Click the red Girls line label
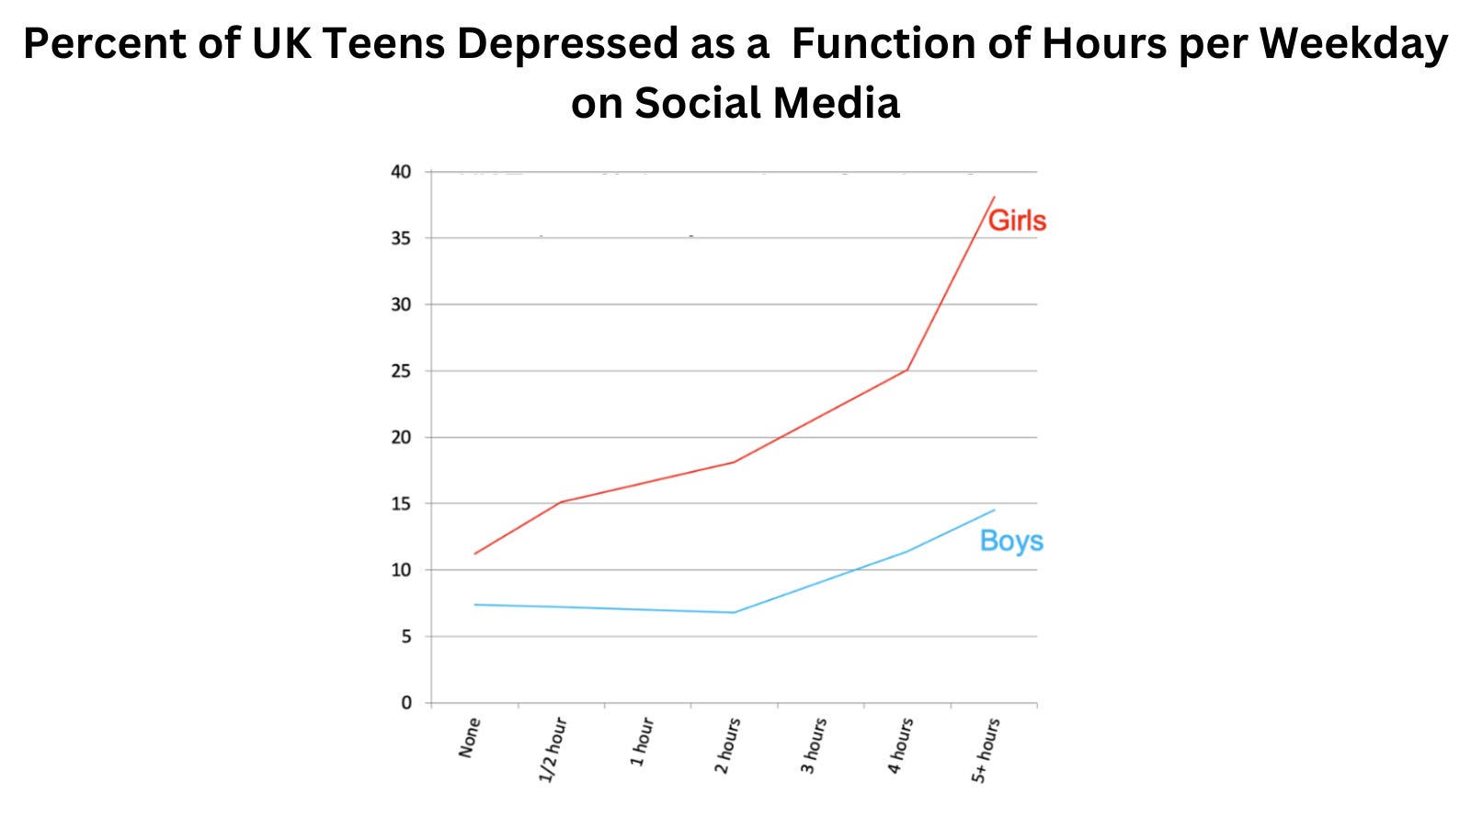point(1017,221)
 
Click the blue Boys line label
point(1011,541)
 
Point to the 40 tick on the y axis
point(401,172)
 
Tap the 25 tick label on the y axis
point(401,371)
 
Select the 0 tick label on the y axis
point(406,703)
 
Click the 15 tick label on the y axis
point(401,503)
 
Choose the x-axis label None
point(470,738)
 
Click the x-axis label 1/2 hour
point(553,750)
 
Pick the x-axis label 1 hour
point(642,742)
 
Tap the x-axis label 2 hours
point(728,746)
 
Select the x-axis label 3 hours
point(815,746)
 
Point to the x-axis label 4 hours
point(901,746)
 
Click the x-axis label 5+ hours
point(986,751)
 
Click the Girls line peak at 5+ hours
point(994,197)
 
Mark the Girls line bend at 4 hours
point(907,370)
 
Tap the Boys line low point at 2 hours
point(734,613)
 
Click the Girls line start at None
point(474,554)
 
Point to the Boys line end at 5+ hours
point(994,510)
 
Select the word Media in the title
point(836,102)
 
